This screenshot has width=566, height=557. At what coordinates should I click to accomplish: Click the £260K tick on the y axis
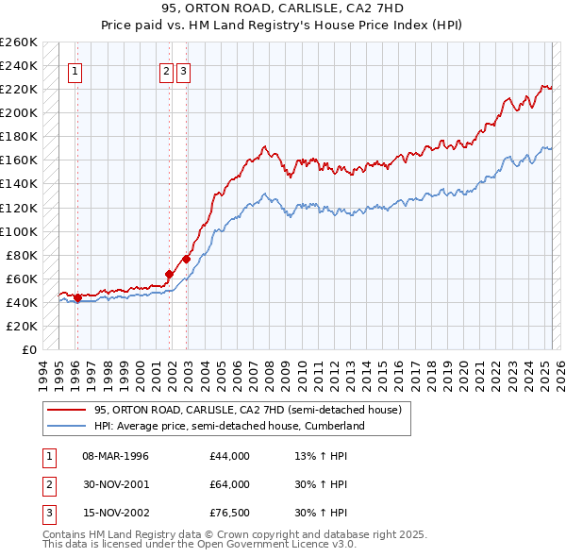coord(19,42)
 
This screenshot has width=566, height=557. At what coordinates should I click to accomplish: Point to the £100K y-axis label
coord(19,231)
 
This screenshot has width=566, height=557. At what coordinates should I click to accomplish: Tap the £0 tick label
coord(29,349)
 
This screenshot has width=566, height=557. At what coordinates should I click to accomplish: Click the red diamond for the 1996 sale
coord(77,297)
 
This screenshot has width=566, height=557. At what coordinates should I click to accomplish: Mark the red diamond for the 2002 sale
coord(187,259)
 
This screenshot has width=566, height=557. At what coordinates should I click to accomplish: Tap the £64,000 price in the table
coord(230,484)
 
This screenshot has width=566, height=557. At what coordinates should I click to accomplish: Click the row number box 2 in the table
coord(47,484)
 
